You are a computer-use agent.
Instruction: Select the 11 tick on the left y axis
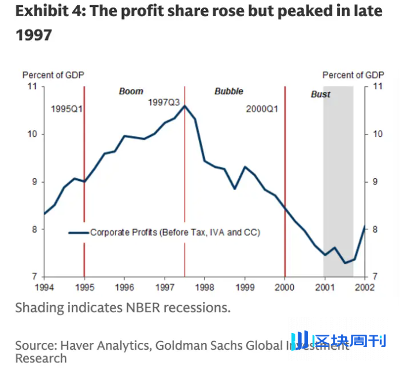[32, 86]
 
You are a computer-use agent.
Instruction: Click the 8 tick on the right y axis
[376, 230]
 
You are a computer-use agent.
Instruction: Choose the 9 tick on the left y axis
[34, 182]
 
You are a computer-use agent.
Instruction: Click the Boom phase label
[131, 91]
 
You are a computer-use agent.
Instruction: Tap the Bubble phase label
[229, 91]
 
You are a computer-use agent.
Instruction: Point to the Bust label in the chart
[321, 94]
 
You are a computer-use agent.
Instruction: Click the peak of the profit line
[184, 106]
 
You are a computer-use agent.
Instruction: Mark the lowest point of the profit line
[345, 263]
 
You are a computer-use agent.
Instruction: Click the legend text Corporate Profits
[175, 232]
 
